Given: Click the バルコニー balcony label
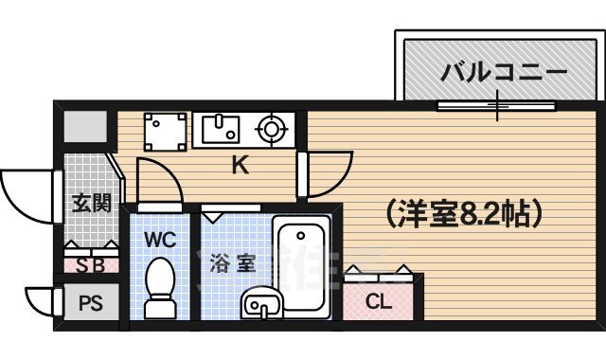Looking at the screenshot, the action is click(x=503, y=72).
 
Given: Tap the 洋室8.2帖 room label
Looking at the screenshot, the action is click(x=464, y=213).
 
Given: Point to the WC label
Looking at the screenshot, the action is click(x=160, y=239).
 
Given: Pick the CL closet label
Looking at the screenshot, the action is click(x=378, y=303).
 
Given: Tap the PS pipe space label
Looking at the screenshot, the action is click(x=91, y=305).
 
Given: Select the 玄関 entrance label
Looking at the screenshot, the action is click(x=91, y=202).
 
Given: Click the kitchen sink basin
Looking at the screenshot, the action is click(x=220, y=127).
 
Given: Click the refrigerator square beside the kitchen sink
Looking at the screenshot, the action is click(x=167, y=131).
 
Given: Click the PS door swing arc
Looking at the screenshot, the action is click(x=40, y=301).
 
